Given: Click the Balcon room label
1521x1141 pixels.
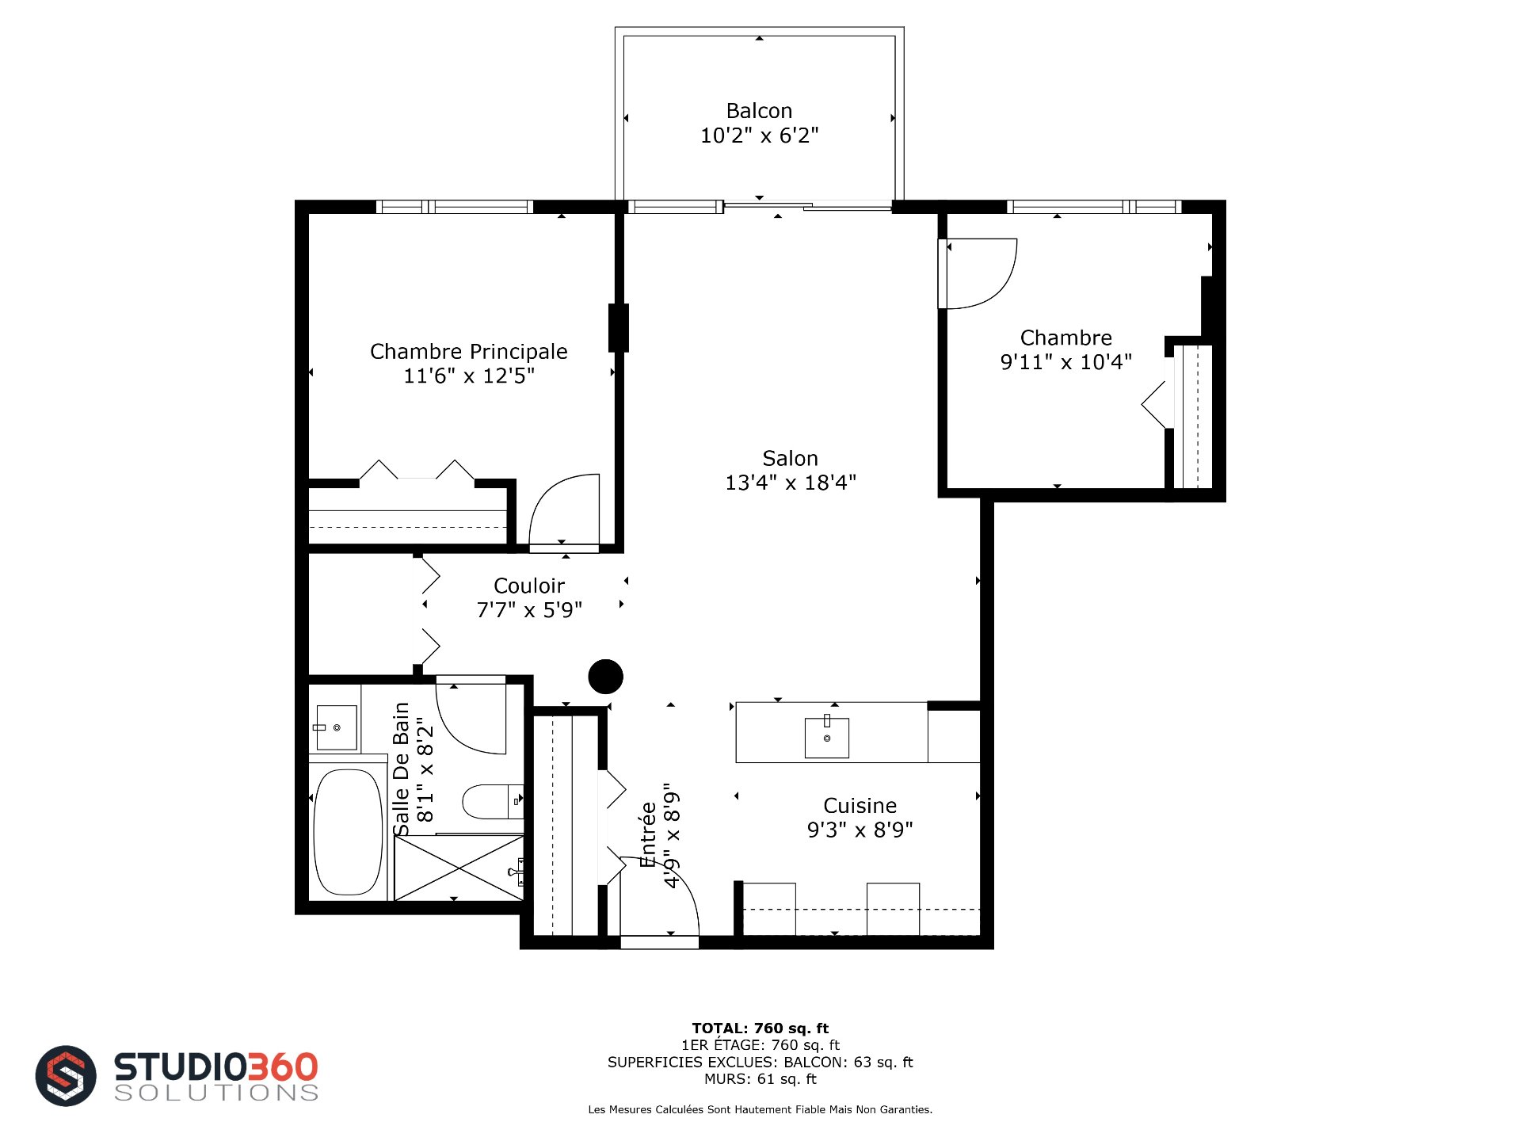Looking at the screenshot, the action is pos(759,111).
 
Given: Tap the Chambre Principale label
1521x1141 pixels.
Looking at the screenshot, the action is pos(469,352).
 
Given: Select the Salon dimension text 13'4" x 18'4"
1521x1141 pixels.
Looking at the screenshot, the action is pos(791,483).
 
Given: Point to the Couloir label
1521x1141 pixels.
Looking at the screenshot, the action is pos(529,586).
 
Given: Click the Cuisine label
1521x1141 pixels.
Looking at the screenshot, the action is pos(860,806).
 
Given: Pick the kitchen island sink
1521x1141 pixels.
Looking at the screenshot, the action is pos(827,738).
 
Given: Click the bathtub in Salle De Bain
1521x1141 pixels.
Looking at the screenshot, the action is pos(348,832).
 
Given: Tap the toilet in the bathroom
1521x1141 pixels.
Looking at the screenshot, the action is pos(492,802).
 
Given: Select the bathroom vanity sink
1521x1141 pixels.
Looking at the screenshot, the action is pos(336,727).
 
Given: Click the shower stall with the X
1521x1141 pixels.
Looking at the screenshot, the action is pos(459,868).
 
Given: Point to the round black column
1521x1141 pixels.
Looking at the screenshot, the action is pos(606,677).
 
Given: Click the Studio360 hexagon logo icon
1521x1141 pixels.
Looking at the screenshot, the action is pos(66,1076).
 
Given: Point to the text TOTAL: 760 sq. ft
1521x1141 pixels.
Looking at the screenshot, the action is pos(760,1028).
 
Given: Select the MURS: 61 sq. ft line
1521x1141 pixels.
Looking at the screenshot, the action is pos(760,1079).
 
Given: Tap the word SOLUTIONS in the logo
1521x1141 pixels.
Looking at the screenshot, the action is pos(216,1093).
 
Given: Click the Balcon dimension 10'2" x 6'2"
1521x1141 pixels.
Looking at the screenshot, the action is pos(759,135).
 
